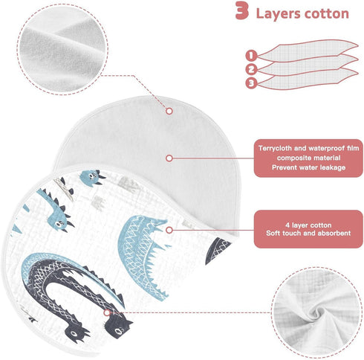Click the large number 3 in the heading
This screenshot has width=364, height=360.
point(241,10)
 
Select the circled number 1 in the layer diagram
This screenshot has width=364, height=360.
point(251,55)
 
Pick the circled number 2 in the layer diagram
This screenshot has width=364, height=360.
point(251,69)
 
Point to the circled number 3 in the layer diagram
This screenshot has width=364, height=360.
point(251,83)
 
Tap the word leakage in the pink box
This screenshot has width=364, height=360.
point(333,167)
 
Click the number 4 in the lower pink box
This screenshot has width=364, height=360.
point(287,225)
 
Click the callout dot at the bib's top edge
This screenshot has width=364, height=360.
point(169,111)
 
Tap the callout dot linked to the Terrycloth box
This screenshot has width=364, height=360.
point(169,158)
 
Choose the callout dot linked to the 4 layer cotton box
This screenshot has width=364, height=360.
point(169,230)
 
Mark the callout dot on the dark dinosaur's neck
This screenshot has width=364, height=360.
point(107,312)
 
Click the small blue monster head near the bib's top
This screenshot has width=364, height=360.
point(92,177)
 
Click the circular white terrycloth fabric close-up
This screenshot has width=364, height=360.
point(62,49)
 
